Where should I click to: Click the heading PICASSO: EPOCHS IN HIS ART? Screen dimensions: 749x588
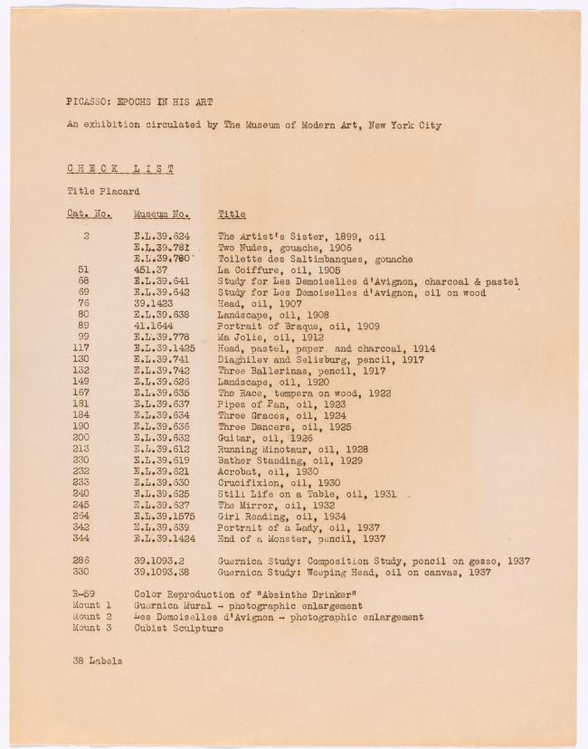click(139, 101)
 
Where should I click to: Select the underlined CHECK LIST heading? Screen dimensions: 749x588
click(120, 168)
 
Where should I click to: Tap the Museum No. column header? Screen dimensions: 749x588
click(161, 214)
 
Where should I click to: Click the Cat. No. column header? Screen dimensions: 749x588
click(89, 214)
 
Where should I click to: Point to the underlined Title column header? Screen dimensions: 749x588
click(232, 214)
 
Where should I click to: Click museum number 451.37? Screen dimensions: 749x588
click(151, 270)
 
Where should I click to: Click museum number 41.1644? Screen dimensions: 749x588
click(154, 326)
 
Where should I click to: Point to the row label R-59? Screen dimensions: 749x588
click(84, 594)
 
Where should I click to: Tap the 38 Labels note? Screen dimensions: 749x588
click(98, 660)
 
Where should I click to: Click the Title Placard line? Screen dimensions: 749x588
click(103, 191)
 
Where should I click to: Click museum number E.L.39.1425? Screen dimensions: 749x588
click(164, 348)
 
